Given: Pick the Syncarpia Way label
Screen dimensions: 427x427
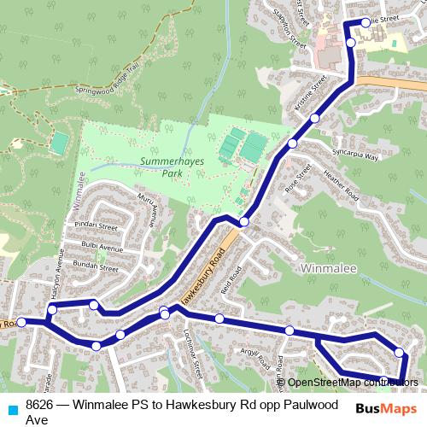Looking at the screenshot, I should coord(354,157).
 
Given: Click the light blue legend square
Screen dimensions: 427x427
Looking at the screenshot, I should coord(11,406).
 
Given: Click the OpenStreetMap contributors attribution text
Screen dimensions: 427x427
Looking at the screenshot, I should coord(353,382).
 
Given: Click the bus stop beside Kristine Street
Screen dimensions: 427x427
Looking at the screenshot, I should coord(315,118).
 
